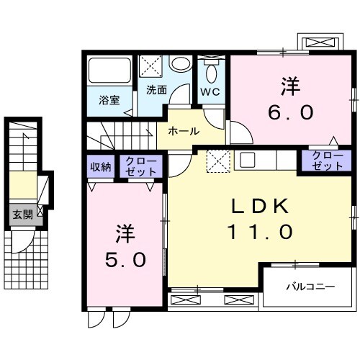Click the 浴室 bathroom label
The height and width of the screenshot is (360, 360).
[109, 100]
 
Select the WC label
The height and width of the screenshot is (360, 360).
[210, 91]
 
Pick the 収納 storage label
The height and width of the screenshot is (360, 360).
[100, 167]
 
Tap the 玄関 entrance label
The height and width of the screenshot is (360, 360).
[20, 213]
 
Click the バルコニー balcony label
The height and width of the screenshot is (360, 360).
[310, 287]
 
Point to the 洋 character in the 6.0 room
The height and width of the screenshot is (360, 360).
[291, 85]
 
